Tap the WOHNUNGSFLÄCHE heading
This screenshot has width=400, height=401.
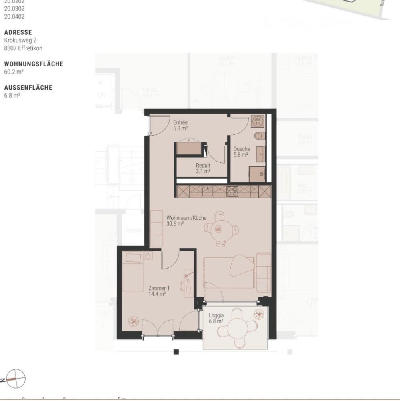pos(34,64)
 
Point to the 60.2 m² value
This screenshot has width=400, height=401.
pos(14,72)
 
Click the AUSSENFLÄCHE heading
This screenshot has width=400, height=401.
pos(28,88)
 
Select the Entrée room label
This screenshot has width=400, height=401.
pos(180,123)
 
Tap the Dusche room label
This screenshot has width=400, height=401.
pos(242,149)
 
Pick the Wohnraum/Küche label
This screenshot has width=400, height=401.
pos(186,218)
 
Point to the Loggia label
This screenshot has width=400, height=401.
pos(216,315)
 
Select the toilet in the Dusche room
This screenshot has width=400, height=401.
pos(260,136)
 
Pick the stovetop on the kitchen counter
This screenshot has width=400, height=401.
pos(232,192)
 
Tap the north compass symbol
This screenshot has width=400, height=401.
pos(16,378)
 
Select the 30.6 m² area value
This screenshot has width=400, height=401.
pos(175,224)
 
